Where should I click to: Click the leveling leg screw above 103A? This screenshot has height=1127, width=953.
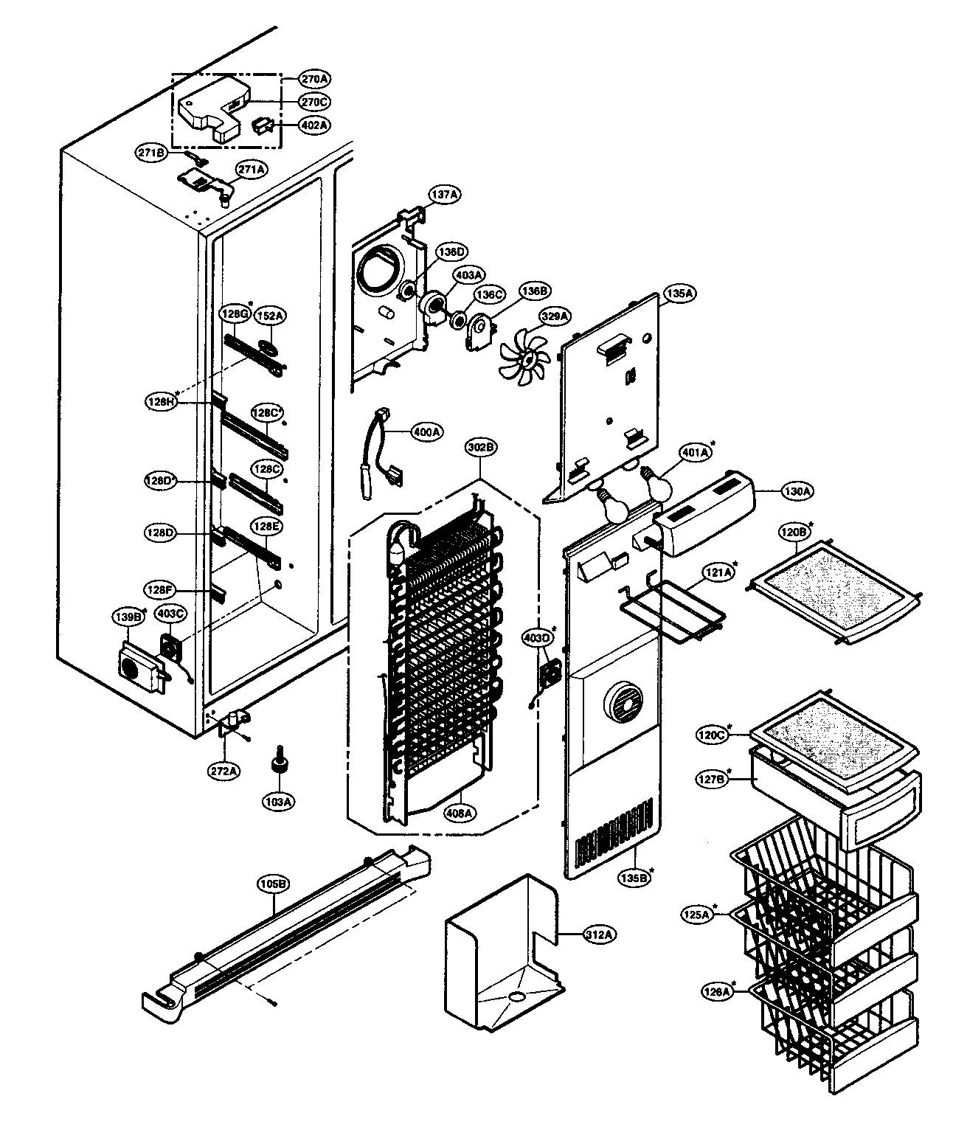click(280, 760)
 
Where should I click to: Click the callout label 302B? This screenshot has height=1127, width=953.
click(481, 446)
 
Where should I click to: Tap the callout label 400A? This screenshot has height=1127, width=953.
click(426, 431)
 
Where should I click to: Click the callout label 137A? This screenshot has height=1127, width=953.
click(445, 194)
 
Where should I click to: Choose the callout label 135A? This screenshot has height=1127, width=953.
click(679, 292)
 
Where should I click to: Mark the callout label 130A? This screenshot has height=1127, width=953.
click(797, 490)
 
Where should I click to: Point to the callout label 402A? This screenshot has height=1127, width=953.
click(314, 125)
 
